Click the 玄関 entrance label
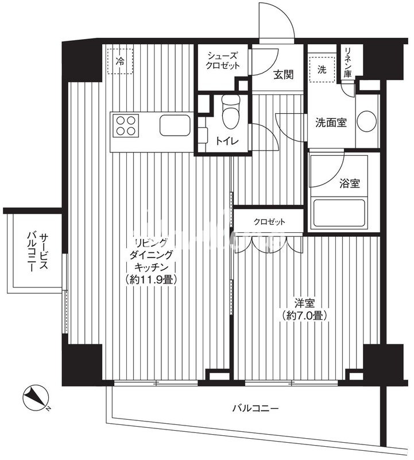coord(283,75)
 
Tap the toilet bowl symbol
coord(231,112)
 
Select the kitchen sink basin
coord(175,125)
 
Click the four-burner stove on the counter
coord(126,125)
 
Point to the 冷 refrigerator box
coord(120,61)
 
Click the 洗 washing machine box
coord(322,69)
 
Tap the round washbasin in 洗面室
coord(367,121)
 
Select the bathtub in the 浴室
coord(339,213)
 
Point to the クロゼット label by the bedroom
coord(269,222)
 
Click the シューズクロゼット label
coord(222,60)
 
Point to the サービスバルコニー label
coord(38,252)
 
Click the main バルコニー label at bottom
coord(255,408)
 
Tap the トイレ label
coord(227,141)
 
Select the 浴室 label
coord(350,183)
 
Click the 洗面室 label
coord(331,122)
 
